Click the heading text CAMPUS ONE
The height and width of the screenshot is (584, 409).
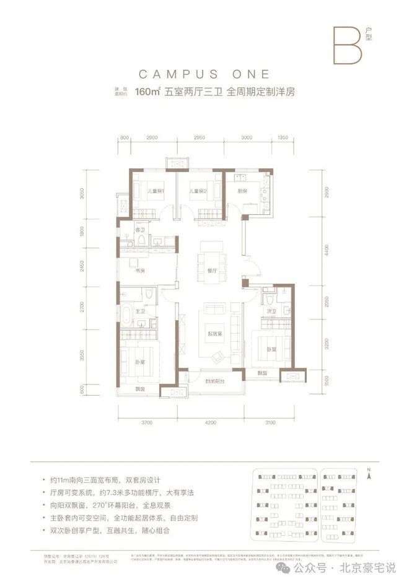pos(204,74)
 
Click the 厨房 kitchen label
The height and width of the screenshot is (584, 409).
pos(242,191)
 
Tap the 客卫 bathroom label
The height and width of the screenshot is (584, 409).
pos(139,230)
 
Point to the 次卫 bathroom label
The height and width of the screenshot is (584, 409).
pos(270,311)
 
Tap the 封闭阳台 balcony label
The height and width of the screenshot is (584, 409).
pos(215,381)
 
